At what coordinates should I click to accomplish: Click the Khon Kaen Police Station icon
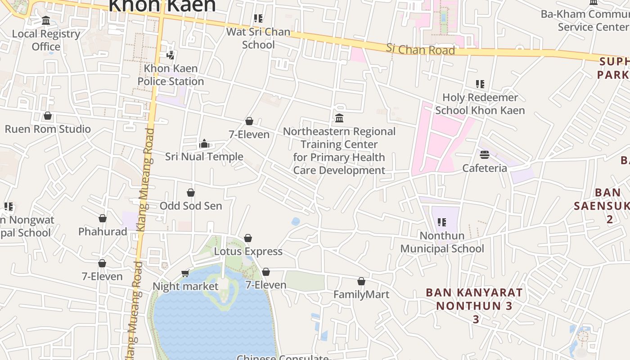(x=170, y=55)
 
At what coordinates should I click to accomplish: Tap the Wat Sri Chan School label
(x=258, y=38)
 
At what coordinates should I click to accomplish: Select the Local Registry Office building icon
(x=46, y=21)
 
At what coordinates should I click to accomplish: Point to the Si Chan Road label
(x=420, y=49)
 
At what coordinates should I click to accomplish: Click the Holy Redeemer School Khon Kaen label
(x=480, y=104)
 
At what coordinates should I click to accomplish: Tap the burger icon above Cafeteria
(x=485, y=155)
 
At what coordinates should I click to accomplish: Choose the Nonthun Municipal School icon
(x=442, y=222)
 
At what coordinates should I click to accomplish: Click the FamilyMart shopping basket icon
(x=361, y=282)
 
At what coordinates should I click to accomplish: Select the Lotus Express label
(x=248, y=252)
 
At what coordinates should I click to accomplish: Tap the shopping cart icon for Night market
(x=185, y=273)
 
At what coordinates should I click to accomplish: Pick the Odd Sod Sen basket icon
(x=191, y=193)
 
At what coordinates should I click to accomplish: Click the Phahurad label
(x=103, y=231)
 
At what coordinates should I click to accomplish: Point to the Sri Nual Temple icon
(x=204, y=144)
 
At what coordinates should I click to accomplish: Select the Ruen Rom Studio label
(x=48, y=129)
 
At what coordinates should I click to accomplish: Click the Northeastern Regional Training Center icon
(x=339, y=118)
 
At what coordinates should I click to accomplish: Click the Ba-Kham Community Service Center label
(x=585, y=20)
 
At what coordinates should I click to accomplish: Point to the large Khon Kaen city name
(x=162, y=5)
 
